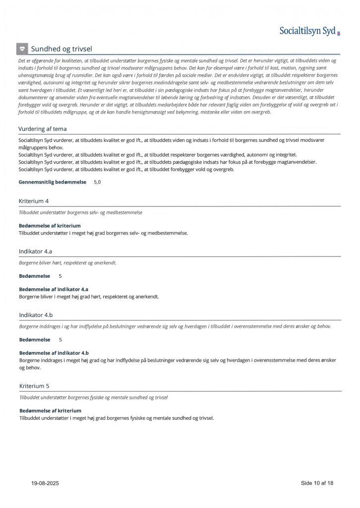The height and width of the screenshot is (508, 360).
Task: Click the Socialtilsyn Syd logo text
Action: click(307, 31)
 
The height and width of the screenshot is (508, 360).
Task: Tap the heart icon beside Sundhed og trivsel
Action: click(22, 49)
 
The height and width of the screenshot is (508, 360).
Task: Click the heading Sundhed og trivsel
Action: click(61, 49)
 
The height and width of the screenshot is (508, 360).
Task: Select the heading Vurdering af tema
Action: click(43, 129)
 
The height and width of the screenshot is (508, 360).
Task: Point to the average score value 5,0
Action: click(97, 182)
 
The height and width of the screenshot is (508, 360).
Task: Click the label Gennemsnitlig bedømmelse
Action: click(53, 182)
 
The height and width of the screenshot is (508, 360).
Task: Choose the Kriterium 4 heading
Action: click(34, 201)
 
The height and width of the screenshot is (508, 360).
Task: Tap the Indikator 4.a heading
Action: click(35, 252)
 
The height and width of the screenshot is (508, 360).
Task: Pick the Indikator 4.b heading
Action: click(36, 315)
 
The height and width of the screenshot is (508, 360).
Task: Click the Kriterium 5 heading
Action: click(34, 385)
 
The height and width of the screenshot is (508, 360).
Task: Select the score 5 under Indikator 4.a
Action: click(60, 275)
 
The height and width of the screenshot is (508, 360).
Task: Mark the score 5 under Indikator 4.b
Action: click(60, 340)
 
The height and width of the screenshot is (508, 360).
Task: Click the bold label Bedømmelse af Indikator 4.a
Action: click(54, 289)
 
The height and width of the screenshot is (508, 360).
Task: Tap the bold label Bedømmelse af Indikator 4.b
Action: click(54, 353)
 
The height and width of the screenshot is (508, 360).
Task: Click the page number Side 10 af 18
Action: click(317, 483)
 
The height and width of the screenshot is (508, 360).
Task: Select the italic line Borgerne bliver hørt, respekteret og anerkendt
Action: click(67, 262)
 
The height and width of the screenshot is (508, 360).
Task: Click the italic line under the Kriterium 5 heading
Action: click(93, 397)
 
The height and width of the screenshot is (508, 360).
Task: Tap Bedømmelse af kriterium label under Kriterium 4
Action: click(50, 226)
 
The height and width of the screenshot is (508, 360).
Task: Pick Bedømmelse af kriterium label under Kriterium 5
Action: click(50, 410)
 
